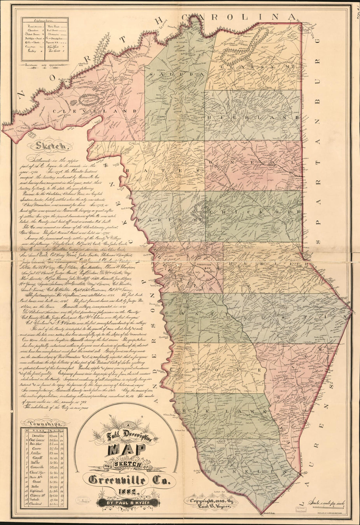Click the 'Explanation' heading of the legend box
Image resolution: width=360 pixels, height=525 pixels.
click(45, 20)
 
